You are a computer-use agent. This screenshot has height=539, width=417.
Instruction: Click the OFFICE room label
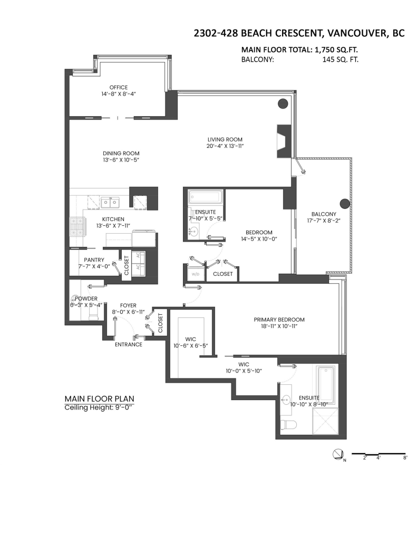[x=119, y=87]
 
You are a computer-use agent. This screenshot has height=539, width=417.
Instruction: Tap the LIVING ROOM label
[x=225, y=139]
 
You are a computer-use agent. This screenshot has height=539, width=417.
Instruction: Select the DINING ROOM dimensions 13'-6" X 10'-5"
[x=121, y=160]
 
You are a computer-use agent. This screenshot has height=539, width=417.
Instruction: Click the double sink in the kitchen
[x=110, y=203]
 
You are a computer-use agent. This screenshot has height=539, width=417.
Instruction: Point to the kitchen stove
[x=77, y=227]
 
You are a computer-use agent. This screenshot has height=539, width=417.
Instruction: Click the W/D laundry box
[x=195, y=274]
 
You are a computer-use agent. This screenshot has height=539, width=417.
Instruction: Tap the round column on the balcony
[x=345, y=204]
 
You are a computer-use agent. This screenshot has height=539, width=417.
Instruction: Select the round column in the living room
[x=283, y=103]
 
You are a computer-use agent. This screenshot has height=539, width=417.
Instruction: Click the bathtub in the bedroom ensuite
[x=206, y=198]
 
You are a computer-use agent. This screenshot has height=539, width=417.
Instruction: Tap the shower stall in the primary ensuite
[x=325, y=422]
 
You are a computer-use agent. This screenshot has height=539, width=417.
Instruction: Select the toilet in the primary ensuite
[x=288, y=425]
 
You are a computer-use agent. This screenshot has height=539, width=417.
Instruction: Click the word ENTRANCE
[x=129, y=344]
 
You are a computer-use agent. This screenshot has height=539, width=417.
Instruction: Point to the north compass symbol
[x=338, y=455]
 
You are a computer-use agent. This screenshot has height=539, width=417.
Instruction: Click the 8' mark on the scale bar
[x=405, y=457]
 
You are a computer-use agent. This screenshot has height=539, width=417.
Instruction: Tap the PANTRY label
[x=94, y=260]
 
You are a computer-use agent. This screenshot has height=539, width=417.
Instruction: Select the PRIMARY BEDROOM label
[x=279, y=320]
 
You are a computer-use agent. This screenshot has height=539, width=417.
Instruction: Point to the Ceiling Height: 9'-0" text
[x=99, y=408]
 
